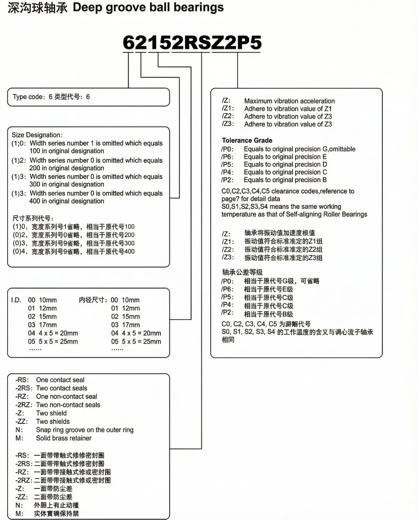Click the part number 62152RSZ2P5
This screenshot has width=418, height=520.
pos(192,43)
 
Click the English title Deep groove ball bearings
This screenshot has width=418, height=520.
pos(148,7)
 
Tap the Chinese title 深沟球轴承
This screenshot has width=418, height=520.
pos(37,8)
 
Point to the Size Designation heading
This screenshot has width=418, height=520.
pos(37,135)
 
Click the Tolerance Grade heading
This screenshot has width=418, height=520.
pos(247,140)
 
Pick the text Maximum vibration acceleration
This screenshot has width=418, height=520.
pos(289,101)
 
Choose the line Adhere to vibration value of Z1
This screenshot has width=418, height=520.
pos(288,109)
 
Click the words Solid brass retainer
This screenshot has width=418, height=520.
pos(64,438)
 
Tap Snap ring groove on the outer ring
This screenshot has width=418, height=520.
pos(84,430)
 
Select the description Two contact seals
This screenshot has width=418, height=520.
pos(62,388)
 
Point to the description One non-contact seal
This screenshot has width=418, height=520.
pos(66,397)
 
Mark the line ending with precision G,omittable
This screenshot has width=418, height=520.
pos(299,149)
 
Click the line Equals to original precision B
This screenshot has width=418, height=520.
pos(285,180)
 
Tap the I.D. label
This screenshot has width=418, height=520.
pos(16,300)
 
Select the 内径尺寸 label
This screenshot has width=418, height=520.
pos(93,300)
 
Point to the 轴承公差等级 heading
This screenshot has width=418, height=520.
pos(242,272)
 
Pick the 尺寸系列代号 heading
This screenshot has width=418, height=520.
pos(33,218)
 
